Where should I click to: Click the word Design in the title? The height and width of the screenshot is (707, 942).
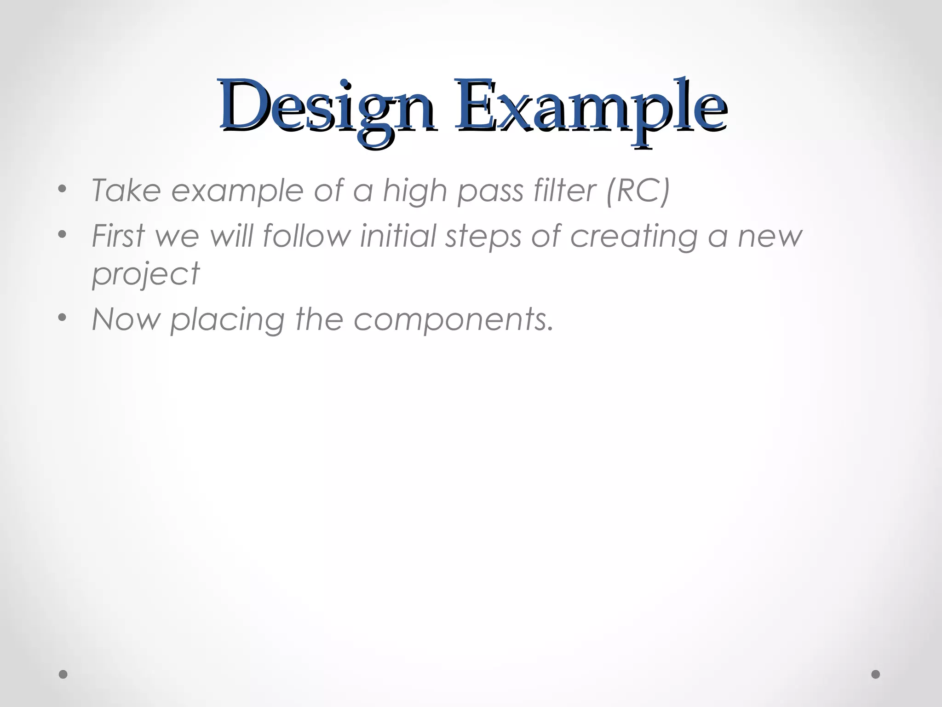pyautogui.click(x=327, y=109)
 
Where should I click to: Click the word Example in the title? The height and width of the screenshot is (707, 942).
pyautogui.click(x=591, y=109)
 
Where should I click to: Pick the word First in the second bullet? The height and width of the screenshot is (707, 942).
pyautogui.click(x=118, y=235)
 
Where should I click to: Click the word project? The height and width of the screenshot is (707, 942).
pyautogui.click(x=146, y=274)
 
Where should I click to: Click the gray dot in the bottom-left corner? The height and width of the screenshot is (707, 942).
pyautogui.click(x=63, y=674)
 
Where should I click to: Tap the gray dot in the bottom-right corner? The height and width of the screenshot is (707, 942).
pyautogui.click(x=876, y=674)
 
